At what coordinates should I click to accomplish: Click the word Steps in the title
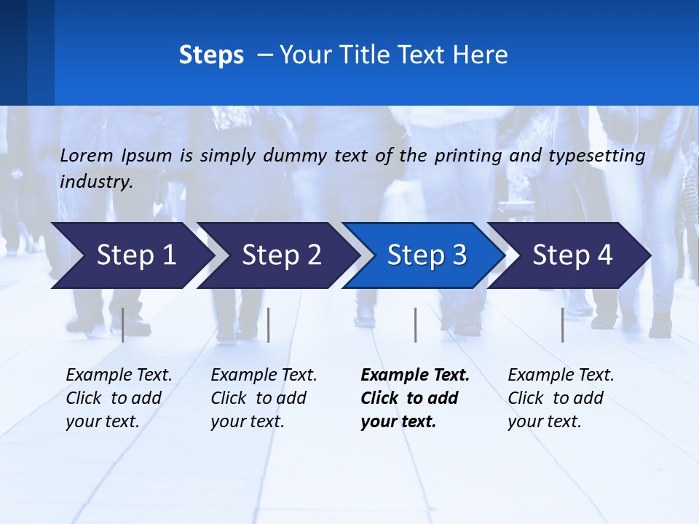(211, 55)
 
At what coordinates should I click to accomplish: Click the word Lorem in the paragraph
(87, 156)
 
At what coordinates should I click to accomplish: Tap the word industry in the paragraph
(95, 182)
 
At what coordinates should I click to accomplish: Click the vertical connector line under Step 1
(123, 325)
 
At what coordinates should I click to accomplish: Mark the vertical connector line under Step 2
(269, 325)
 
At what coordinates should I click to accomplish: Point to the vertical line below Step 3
(416, 325)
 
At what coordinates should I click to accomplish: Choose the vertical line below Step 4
(563, 325)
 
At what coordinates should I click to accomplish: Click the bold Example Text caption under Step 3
(415, 398)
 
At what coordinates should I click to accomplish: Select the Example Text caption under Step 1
(119, 398)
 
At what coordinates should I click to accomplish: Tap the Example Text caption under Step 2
(264, 398)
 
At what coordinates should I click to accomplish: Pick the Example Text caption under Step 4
(561, 398)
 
